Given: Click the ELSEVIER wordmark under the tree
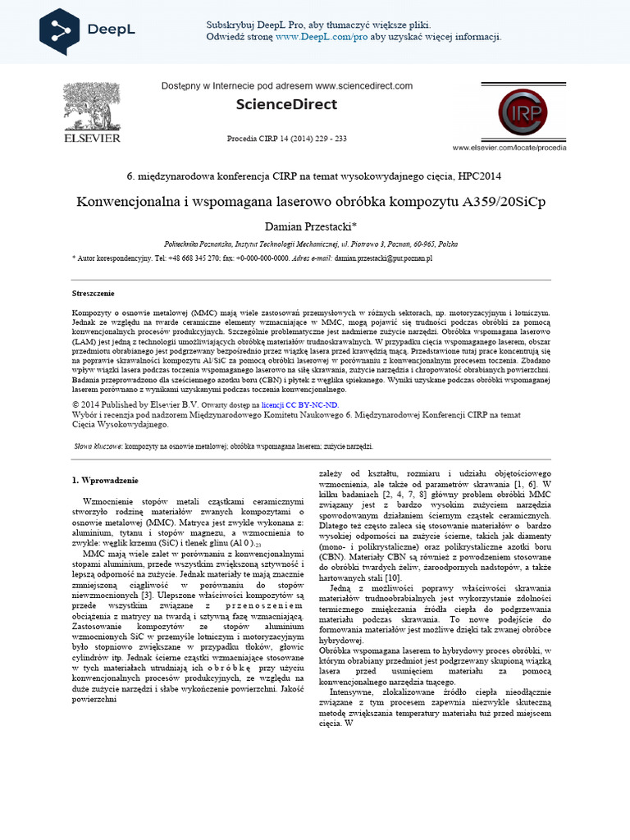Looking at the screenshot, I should [93, 139].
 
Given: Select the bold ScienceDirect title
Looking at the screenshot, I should [285, 104].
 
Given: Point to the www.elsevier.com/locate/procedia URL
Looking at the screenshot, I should [521, 148].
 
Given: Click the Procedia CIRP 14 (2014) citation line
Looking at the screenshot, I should [286, 139].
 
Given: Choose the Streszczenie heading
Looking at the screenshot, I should [94, 293].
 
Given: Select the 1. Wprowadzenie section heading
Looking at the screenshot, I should [105, 480].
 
